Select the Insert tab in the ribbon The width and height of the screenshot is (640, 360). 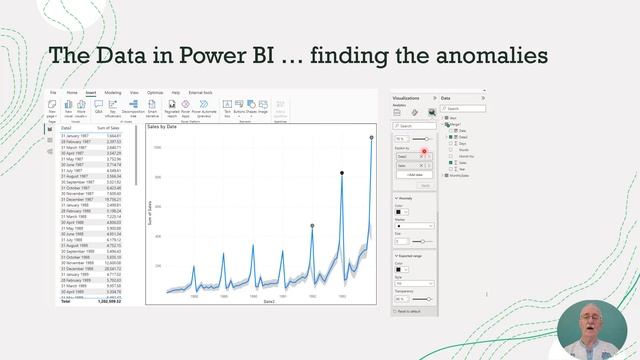90,92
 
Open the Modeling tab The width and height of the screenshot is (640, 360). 113,92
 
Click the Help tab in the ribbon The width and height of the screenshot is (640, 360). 176,92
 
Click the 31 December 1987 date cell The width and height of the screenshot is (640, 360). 78,199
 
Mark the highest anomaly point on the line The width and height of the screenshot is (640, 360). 371,138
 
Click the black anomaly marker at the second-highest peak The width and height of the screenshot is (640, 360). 342,173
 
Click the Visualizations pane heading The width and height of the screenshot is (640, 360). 413,98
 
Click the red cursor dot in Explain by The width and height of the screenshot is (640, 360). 424,150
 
